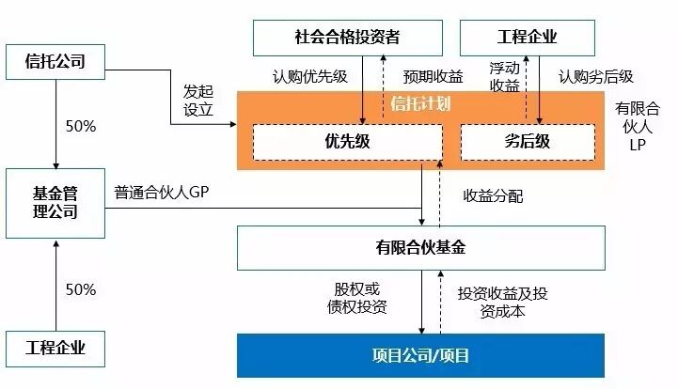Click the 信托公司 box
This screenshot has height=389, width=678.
click(55, 63)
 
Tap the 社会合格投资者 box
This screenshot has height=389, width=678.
click(348, 37)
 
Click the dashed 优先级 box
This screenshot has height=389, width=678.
click(348, 142)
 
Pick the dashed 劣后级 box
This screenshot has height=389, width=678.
click(527, 142)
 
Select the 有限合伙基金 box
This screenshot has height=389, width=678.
click(420, 248)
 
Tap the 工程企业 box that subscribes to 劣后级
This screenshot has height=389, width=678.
click(527, 37)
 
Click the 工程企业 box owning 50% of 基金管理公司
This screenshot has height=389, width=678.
click(55, 349)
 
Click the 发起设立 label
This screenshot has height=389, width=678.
click(198, 101)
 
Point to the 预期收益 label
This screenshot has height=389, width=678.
click(433, 75)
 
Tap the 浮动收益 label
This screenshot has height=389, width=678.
click(504, 76)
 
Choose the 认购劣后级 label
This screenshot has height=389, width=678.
click(594, 75)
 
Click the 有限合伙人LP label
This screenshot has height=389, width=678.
click(638, 127)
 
